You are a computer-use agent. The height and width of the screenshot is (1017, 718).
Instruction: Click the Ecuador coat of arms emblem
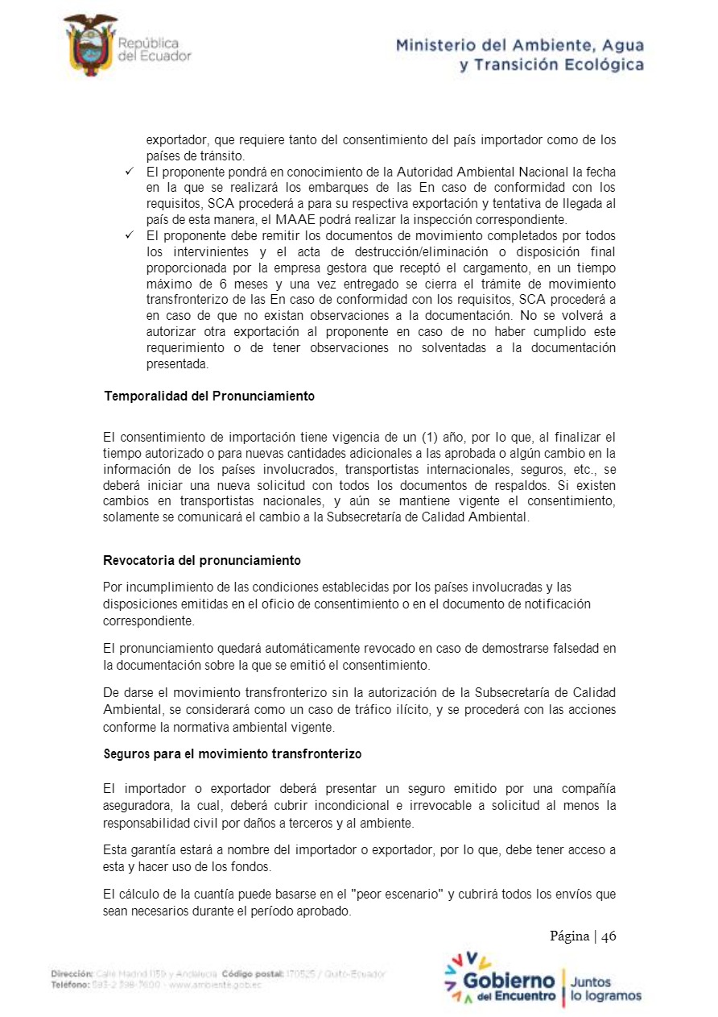[x=90, y=45]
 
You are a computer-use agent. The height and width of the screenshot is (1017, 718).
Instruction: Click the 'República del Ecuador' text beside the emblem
[x=154, y=49]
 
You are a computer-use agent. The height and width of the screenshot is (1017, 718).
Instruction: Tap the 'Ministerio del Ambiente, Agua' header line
[x=519, y=46]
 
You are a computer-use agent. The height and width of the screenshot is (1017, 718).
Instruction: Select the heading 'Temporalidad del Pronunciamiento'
[x=209, y=396]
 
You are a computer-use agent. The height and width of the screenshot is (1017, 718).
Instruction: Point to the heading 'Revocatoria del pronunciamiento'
[x=202, y=560]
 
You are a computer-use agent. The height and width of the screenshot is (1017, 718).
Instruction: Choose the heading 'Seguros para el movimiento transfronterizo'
[x=233, y=754]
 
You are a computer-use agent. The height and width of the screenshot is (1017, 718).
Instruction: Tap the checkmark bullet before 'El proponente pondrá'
[x=129, y=172]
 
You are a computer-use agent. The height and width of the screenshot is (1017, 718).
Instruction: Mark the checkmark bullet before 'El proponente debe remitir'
[x=129, y=235]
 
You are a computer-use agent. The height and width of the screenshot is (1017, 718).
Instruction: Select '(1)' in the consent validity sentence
[x=430, y=438]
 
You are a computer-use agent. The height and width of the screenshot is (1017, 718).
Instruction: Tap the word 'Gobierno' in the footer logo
[x=509, y=981]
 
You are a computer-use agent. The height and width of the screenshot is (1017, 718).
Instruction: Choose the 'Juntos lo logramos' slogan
[x=605, y=989]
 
